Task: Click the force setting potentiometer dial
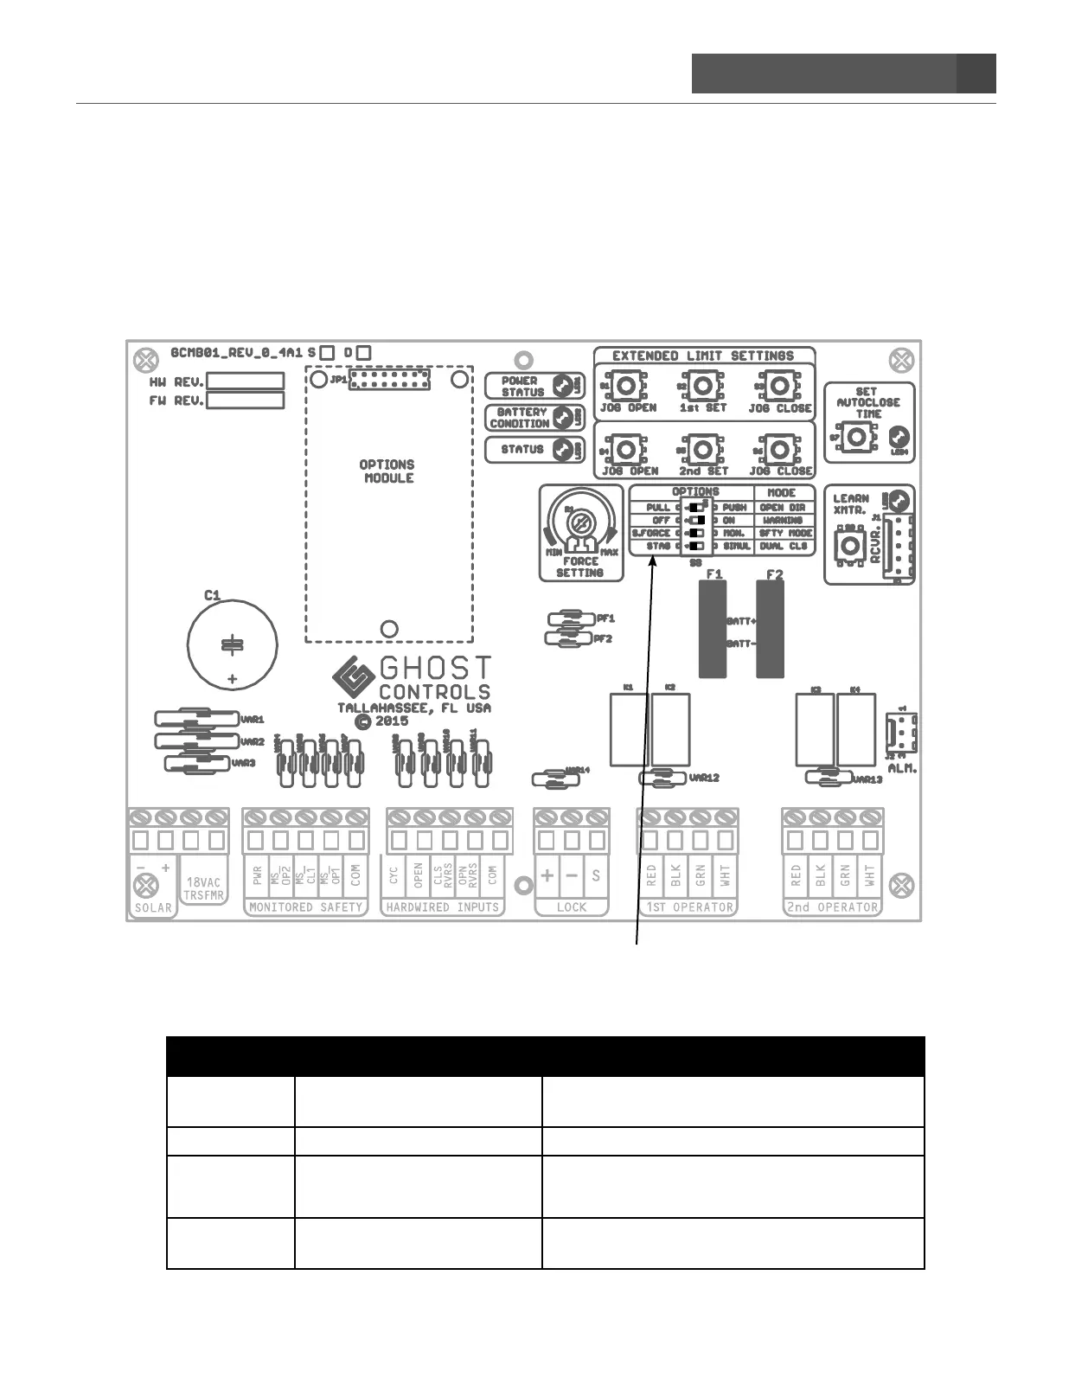pyautogui.click(x=580, y=523)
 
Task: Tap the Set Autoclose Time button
pyautogui.click(x=856, y=438)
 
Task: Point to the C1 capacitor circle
pyautogui.click(x=232, y=644)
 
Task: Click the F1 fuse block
pyautogui.click(x=713, y=629)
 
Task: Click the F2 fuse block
pyautogui.click(x=771, y=629)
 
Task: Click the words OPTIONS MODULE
pyautogui.click(x=387, y=471)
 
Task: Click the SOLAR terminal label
pyautogui.click(x=153, y=907)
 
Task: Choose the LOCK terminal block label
pyautogui.click(x=571, y=907)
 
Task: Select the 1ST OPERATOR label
pyautogui.click(x=688, y=907)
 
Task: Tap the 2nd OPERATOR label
pyautogui.click(x=832, y=907)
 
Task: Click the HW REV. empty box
pyautogui.click(x=245, y=381)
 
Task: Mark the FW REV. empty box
pyautogui.click(x=245, y=400)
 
